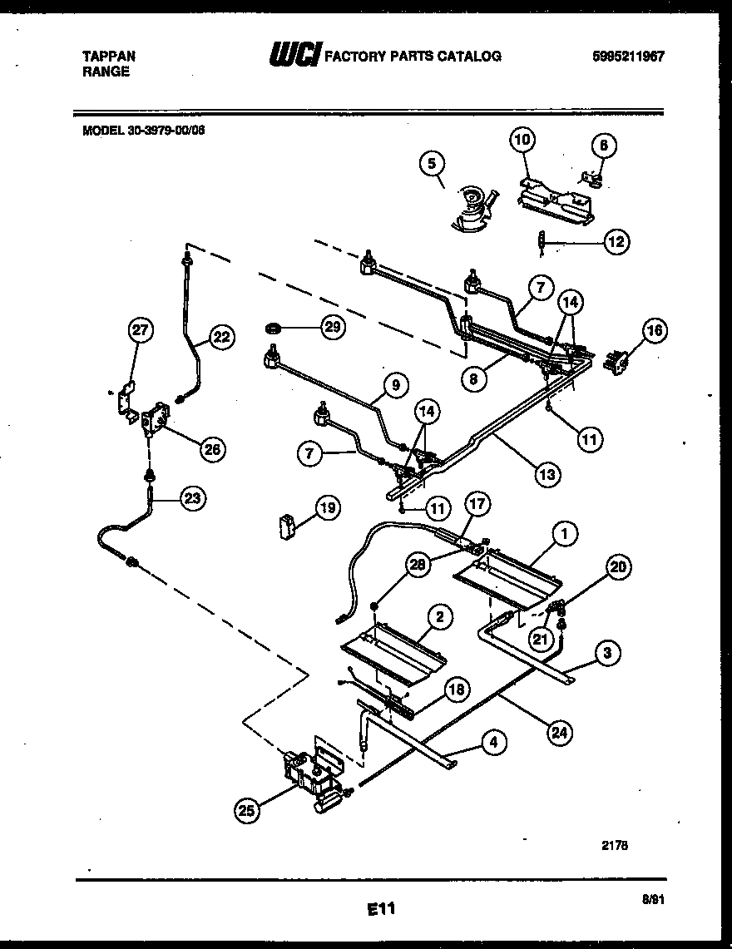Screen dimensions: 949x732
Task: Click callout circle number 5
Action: [x=432, y=164]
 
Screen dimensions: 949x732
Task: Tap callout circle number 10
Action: [x=522, y=140]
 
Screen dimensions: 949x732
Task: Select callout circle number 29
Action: [x=332, y=328]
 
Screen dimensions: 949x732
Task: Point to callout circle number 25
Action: [x=245, y=811]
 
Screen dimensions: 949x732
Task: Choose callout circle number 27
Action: [x=141, y=330]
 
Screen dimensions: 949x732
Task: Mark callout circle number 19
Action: [x=327, y=507]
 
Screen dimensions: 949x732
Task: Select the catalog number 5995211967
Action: [x=628, y=56]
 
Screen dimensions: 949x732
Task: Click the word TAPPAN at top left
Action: [x=108, y=56]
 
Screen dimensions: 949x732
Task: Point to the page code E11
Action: [x=380, y=910]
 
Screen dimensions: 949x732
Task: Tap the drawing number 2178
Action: [x=614, y=843]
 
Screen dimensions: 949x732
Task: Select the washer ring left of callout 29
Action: [x=271, y=328]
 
